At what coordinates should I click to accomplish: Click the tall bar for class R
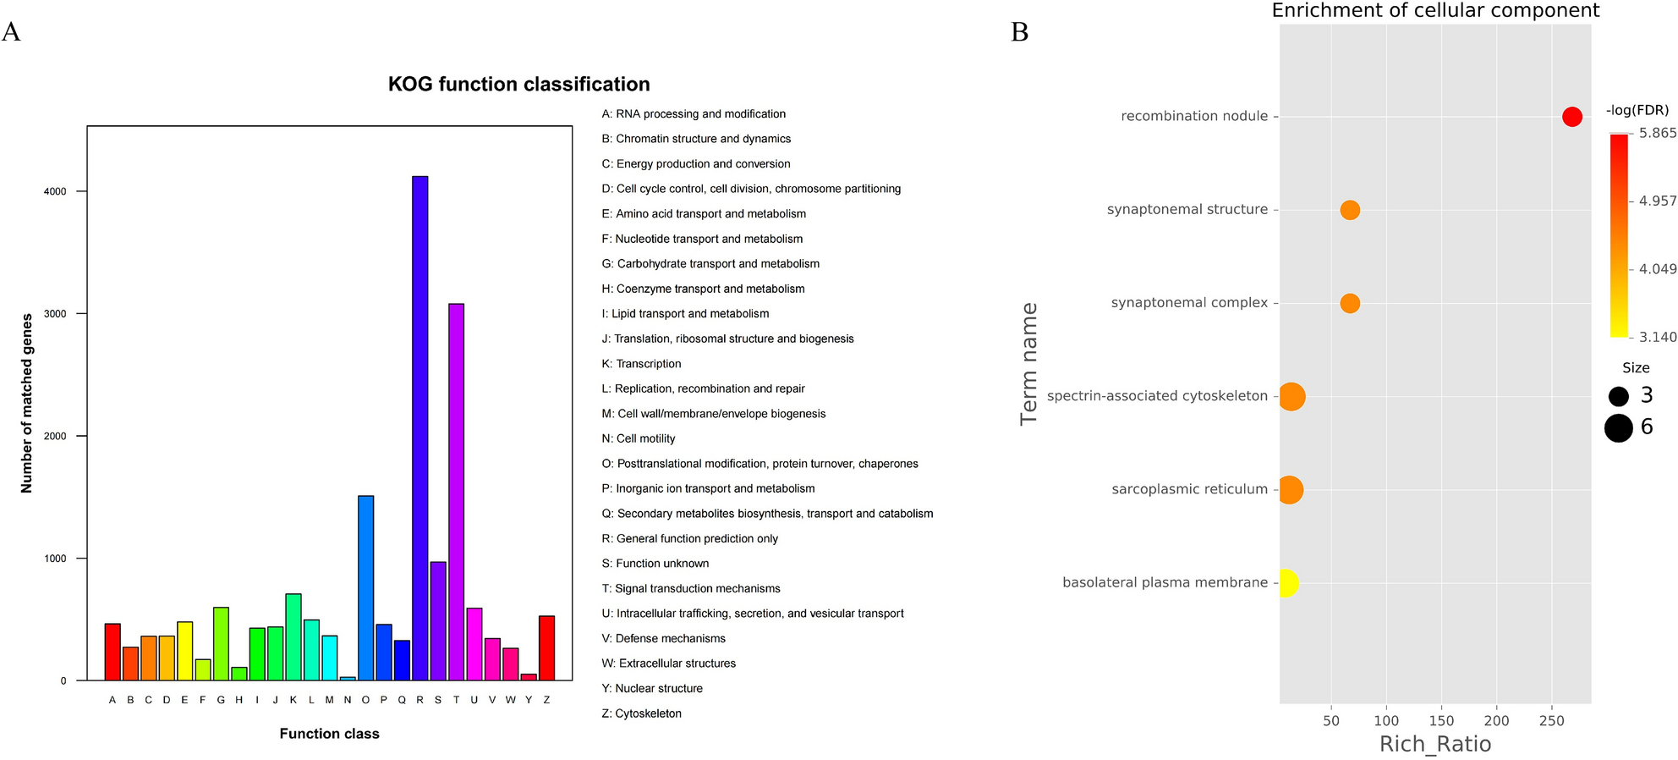click(x=419, y=427)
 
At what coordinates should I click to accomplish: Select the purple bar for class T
click(x=456, y=491)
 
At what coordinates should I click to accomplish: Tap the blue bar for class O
click(x=365, y=587)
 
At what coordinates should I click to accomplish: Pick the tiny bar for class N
click(x=348, y=678)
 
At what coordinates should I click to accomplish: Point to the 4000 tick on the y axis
click(x=55, y=191)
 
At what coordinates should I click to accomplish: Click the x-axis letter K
click(x=293, y=700)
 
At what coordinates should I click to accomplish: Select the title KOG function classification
click(x=518, y=84)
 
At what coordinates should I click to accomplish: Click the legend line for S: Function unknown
click(x=655, y=564)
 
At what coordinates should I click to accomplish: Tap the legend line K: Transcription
click(x=641, y=364)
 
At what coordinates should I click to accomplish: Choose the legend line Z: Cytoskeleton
click(x=641, y=713)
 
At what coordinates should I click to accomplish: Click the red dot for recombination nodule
click(x=1571, y=117)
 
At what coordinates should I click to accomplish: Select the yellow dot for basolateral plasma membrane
click(x=1286, y=582)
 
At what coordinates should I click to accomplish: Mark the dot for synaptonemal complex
click(x=1350, y=303)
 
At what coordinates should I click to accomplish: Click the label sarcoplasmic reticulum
click(x=1189, y=489)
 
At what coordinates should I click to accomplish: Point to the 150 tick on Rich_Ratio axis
click(x=1441, y=720)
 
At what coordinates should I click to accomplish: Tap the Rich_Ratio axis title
click(x=1435, y=744)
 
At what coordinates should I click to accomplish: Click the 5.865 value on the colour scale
click(x=1657, y=133)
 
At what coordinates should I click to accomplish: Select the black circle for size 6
click(x=1618, y=428)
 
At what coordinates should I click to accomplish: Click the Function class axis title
click(x=329, y=734)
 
